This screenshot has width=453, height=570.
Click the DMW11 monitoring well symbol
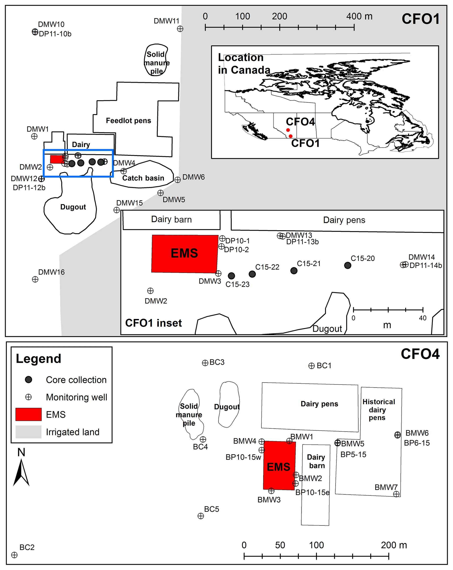[x=180, y=29]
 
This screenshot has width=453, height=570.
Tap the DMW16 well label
[x=51, y=272]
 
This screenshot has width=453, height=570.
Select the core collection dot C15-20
[x=348, y=266]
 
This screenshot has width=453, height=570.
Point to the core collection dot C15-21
[x=294, y=271]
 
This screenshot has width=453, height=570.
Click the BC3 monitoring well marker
[x=205, y=363]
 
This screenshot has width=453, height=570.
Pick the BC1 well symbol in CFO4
[x=311, y=366]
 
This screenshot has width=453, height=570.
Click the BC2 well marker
[x=14, y=555]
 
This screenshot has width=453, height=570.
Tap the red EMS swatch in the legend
[x=28, y=414]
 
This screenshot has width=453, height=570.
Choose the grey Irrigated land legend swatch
[x=28, y=432]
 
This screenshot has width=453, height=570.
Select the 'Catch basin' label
[x=143, y=178]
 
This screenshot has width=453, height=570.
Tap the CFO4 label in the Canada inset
[x=300, y=122]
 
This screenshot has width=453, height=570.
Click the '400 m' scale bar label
[x=359, y=16]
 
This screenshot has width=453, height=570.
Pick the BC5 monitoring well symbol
[x=201, y=516]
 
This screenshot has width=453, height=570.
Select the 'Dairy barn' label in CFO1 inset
[x=171, y=220]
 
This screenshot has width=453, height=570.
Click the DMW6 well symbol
[x=178, y=180]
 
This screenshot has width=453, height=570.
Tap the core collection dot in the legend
[x=28, y=380]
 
